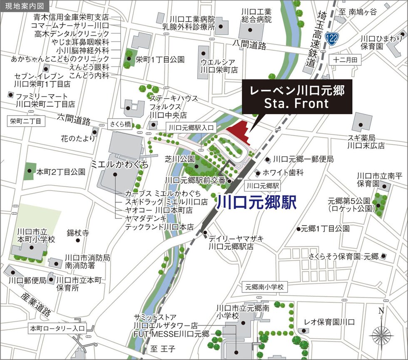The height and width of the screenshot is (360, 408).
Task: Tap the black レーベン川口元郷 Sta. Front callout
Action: pos(297,97)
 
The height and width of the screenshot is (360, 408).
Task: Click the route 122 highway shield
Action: pos(332,38)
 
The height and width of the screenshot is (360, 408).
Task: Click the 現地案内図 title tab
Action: pos(25,6)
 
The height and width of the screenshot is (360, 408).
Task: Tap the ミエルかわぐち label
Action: pos(119,164)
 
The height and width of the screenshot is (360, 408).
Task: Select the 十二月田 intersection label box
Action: pos(345,60)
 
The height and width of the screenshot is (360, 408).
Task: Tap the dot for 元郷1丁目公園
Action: pos(299,228)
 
